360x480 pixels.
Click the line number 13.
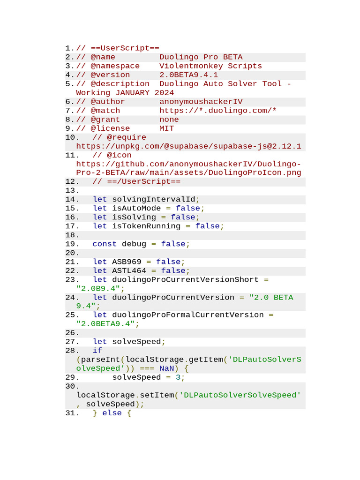[x=72, y=190]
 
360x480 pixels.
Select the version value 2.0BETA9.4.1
[x=188, y=75]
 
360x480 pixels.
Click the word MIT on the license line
[x=166, y=128]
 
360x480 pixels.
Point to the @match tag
[x=105, y=111]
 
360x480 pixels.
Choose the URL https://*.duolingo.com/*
[x=218, y=111]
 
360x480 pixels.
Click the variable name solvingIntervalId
[x=154, y=199]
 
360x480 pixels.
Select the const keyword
[x=105, y=244]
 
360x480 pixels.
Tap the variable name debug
[x=134, y=244]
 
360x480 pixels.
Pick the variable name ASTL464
[x=129, y=270]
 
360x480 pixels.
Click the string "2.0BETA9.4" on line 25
[x=105, y=324]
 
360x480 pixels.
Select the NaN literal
[x=166, y=368]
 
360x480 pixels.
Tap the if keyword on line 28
[x=97, y=351]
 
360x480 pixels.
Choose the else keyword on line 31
[x=112, y=413]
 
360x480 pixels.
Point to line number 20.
[x=72, y=253]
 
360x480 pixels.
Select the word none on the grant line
[x=169, y=120]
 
